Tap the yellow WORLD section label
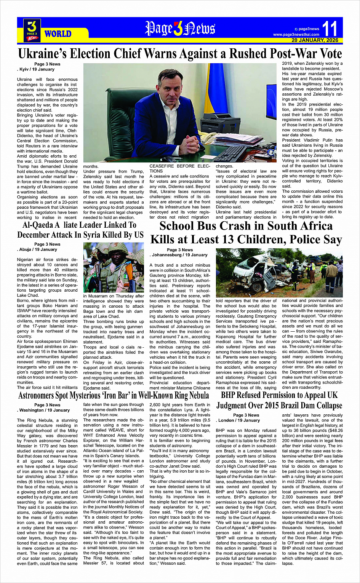tap(58, 34)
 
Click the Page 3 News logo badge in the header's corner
tap(32, 30)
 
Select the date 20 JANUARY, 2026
tap(315, 40)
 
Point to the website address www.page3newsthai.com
tap(296, 35)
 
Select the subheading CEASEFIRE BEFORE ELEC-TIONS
tap(179, 169)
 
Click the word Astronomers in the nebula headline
tap(41, 396)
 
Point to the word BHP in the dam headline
tap(229, 395)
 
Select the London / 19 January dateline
tap(239, 420)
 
